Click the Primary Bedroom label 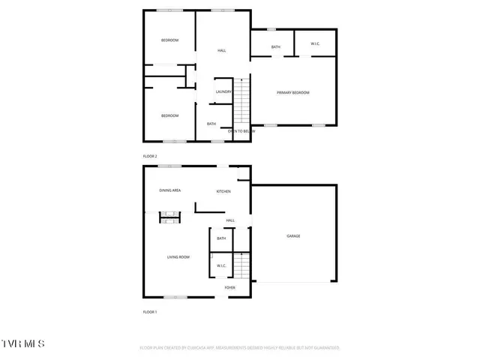292,92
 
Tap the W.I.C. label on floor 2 316,45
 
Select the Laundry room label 223,92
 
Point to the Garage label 293,236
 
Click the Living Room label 178,257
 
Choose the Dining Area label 170,190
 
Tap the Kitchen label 223,191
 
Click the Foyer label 230,287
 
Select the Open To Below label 241,131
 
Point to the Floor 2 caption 150,156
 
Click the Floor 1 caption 150,311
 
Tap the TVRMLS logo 22,343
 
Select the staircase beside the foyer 241,264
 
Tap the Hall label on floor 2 222,50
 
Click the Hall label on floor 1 230,220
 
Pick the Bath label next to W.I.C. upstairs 276,47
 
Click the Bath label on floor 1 221,238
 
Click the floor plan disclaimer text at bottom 240,348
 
